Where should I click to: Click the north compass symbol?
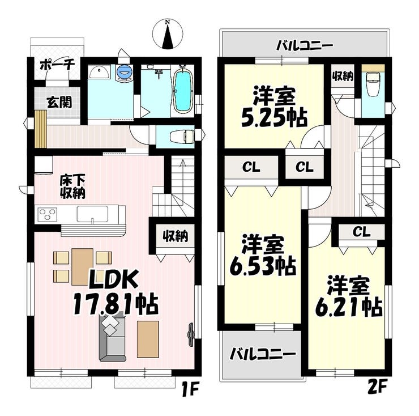click(x=168, y=35)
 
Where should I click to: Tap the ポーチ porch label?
click(x=57, y=65)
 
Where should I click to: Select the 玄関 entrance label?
click(x=59, y=102)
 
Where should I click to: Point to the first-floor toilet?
click(x=182, y=137)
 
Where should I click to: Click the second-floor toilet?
click(x=373, y=84)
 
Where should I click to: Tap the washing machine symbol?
click(x=124, y=73)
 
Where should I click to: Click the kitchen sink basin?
click(x=92, y=214)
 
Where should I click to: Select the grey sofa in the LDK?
click(x=112, y=338)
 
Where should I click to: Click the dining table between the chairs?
click(x=83, y=267)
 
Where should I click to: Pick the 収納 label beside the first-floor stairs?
click(x=176, y=236)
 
